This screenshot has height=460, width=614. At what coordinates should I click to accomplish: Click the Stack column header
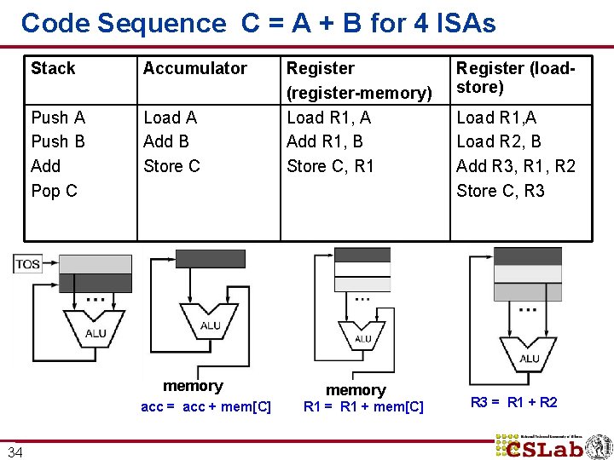coord(53,68)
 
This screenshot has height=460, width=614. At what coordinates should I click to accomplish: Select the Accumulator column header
coord(194,68)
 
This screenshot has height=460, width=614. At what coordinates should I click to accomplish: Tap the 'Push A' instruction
coord(58,118)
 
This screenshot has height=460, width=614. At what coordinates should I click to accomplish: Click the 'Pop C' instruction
coord(54,191)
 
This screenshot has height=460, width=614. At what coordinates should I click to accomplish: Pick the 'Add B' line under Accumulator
coord(166,141)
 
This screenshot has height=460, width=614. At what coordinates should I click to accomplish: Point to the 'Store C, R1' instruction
coord(330,166)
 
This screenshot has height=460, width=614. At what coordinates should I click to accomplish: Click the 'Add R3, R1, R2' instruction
coord(516,166)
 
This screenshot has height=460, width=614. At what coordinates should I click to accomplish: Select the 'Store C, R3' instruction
coord(501,191)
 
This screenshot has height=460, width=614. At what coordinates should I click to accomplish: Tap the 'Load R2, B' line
coord(499,141)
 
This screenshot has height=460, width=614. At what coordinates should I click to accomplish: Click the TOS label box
coord(28,264)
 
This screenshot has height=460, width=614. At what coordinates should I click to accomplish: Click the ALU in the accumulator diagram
coord(210,324)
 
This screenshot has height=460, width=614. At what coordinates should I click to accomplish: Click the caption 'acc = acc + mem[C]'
coord(206,407)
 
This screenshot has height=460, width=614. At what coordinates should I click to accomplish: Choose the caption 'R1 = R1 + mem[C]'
coord(363,407)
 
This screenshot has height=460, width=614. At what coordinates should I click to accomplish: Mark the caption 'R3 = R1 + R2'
coord(514,402)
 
